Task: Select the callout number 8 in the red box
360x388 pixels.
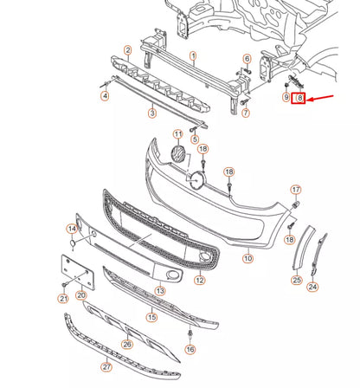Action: [x=299, y=100]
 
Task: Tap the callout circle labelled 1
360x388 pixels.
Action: [x=193, y=55]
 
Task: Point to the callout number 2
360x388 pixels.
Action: [x=127, y=50]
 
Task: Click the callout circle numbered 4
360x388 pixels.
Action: [x=105, y=95]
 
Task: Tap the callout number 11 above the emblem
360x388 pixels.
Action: [x=178, y=134]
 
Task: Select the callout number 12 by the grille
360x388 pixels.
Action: [x=200, y=281]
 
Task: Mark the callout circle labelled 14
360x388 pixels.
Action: [x=72, y=229]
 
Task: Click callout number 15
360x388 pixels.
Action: [x=152, y=317]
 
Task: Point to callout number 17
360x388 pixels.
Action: [x=295, y=190]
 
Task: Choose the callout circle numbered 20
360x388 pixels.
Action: [x=80, y=295]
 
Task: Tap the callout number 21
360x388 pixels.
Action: [x=62, y=298]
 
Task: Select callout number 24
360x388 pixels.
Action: [x=313, y=287]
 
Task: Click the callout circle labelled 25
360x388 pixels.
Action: [x=296, y=280]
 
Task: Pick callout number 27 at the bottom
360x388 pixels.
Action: [x=106, y=367]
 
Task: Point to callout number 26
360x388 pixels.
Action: [x=128, y=343]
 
